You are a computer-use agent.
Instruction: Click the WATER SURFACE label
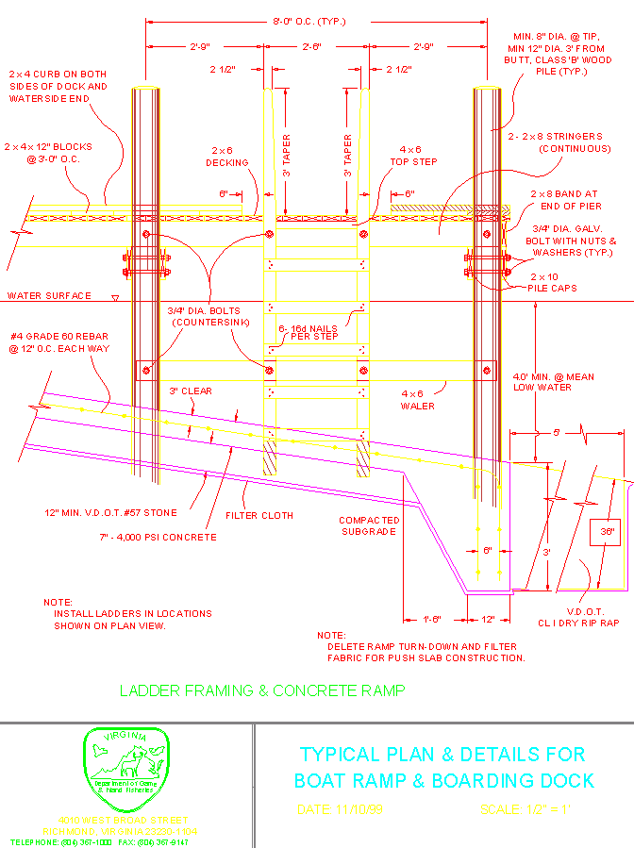[x=50, y=296]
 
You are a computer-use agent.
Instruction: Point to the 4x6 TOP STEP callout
[x=409, y=156]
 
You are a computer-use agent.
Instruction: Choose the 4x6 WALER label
[x=418, y=400]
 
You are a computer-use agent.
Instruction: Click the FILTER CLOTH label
[x=259, y=516]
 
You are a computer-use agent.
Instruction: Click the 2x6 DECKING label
[x=227, y=157]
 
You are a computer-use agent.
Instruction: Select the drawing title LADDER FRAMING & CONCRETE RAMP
[x=262, y=690]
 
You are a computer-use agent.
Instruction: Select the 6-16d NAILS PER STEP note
[x=315, y=331]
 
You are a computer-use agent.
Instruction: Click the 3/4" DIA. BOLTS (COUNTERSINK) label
[x=203, y=317]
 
